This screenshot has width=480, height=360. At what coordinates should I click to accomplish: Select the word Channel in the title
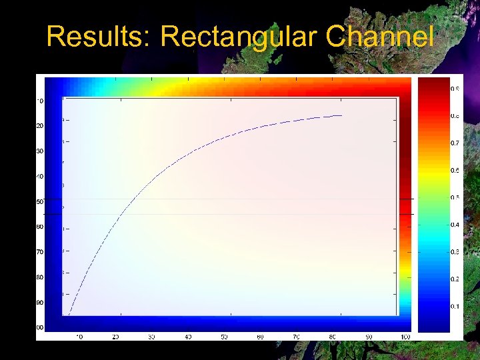click(x=380, y=37)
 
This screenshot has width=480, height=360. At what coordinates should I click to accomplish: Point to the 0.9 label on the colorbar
click(x=454, y=88)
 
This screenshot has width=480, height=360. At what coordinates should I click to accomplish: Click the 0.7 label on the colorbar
click(x=454, y=143)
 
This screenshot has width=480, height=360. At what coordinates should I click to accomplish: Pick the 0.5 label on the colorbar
click(x=454, y=198)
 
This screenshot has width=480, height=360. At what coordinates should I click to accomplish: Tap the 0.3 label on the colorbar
click(x=454, y=252)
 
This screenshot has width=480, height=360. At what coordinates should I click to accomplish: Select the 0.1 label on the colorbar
click(x=454, y=307)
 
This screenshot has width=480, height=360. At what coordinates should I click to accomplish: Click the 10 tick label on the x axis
click(x=79, y=337)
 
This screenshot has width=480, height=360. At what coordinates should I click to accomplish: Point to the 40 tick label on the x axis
click(x=188, y=337)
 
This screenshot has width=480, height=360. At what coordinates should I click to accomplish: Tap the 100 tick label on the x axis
click(x=405, y=337)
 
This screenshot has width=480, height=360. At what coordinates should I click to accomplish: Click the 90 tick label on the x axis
click(x=369, y=337)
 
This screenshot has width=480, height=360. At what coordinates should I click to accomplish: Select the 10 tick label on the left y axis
click(x=40, y=101)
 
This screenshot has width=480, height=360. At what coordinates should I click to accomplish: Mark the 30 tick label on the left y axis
click(x=40, y=151)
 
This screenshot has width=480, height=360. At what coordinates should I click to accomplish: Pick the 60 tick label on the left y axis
click(x=40, y=227)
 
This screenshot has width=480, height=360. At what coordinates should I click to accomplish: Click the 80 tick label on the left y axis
click(x=40, y=277)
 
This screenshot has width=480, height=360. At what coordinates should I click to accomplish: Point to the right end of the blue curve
click(x=342, y=115)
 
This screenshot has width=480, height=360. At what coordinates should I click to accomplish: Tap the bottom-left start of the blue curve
click(x=69, y=313)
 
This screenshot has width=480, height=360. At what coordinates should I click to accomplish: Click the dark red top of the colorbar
click(x=433, y=83)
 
